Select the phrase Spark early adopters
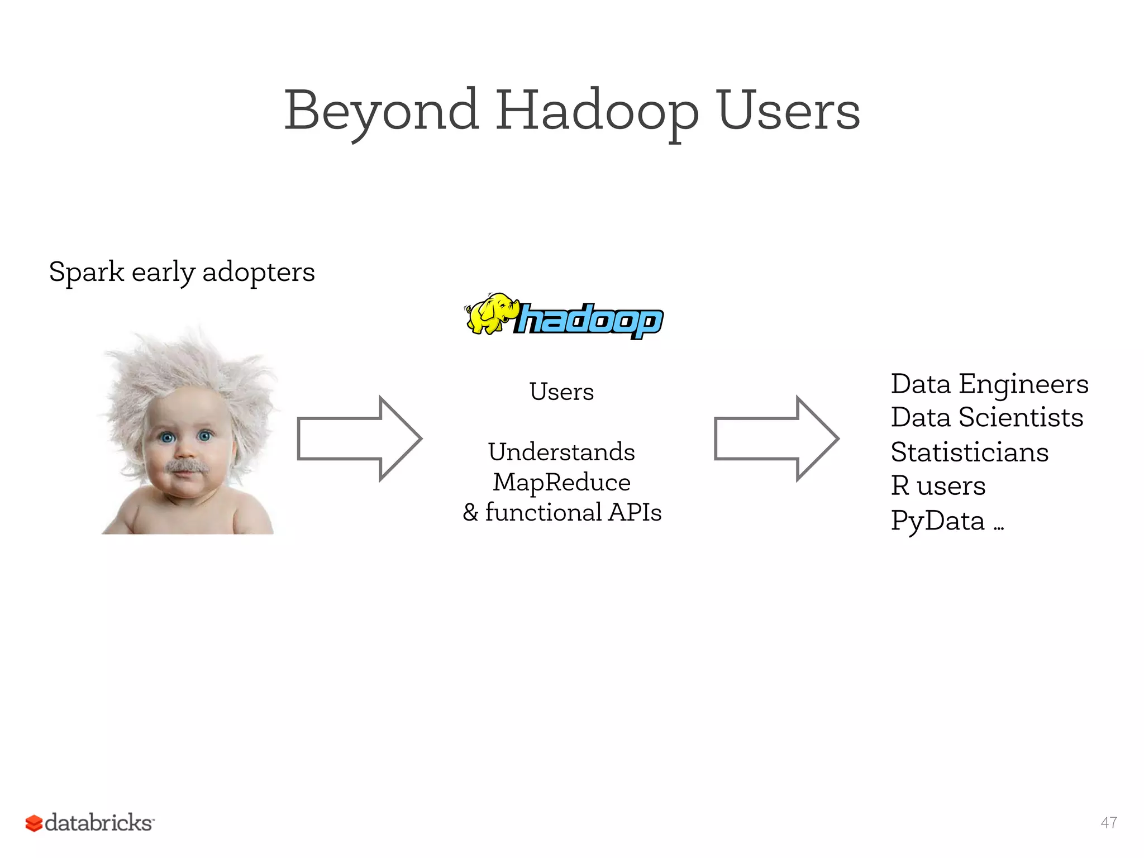(x=182, y=273)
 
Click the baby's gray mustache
(x=187, y=466)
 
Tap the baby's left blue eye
(x=167, y=437)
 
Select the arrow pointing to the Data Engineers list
(x=776, y=438)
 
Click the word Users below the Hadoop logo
(x=561, y=392)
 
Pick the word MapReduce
(x=561, y=482)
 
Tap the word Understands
(x=561, y=452)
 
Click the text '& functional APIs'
(x=561, y=512)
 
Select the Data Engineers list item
(x=989, y=384)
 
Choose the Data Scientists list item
(x=987, y=417)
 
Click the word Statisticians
(x=969, y=452)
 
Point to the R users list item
(x=938, y=485)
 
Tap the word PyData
(x=937, y=521)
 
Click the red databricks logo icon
(x=34, y=823)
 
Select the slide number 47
(x=1109, y=822)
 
